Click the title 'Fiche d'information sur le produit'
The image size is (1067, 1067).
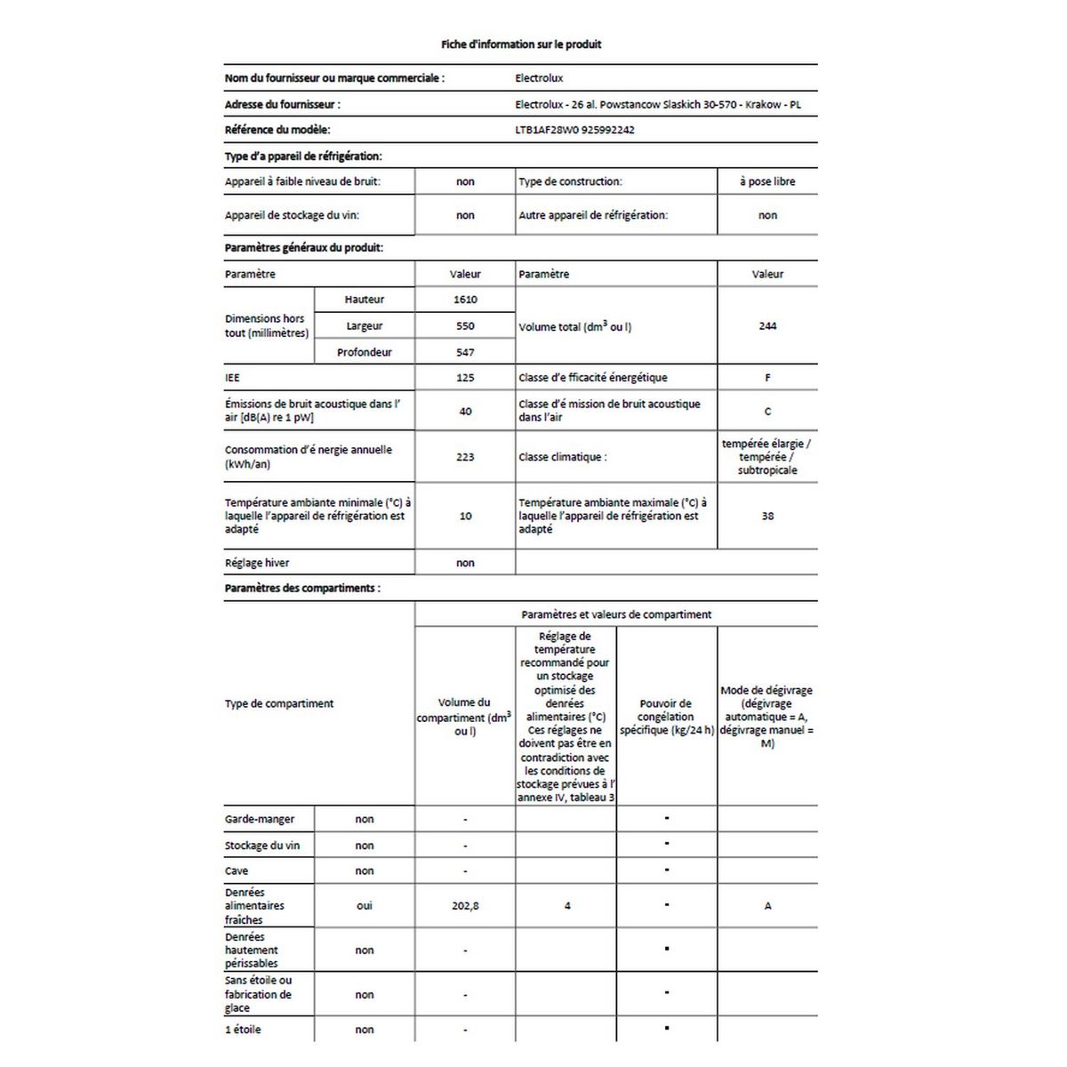[x=521, y=44]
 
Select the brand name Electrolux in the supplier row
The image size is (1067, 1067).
[x=540, y=78]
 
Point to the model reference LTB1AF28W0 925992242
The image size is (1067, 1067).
[x=575, y=130]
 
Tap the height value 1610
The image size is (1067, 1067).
[x=465, y=300]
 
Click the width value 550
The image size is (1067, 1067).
[x=465, y=326]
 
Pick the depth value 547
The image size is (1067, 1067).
[x=465, y=352]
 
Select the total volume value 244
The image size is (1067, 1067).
[x=767, y=326]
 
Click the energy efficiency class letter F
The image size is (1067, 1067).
[x=767, y=378]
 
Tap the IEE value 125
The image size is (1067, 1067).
[x=465, y=378]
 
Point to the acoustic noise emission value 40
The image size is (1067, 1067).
[x=465, y=411]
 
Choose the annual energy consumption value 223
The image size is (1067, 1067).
[x=465, y=457]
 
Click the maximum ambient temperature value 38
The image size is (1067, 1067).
[x=767, y=516]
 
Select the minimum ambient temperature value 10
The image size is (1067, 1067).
[x=465, y=516]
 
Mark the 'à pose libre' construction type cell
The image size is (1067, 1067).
[x=767, y=181]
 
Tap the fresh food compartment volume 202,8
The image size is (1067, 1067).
[x=465, y=906]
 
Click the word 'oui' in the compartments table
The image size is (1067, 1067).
[x=365, y=906]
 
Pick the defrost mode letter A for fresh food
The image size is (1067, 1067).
[x=767, y=906]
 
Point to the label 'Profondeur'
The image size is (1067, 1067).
[x=365, y=352]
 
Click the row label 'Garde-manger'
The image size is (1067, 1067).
[x=260, y=819]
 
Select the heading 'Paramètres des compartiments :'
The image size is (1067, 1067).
[x=302, y=589]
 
